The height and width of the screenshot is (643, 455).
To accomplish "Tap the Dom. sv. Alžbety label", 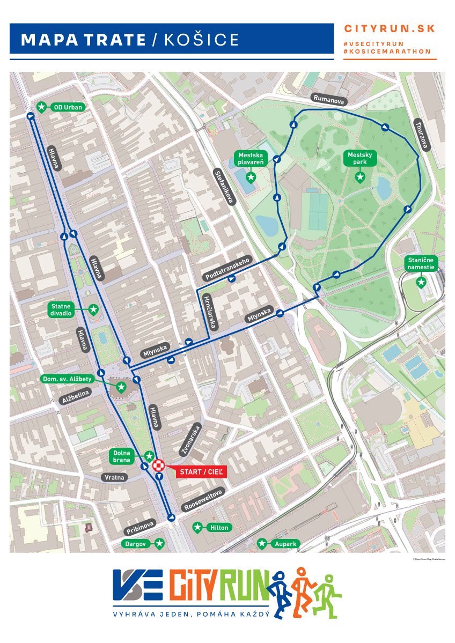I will click(68, 379).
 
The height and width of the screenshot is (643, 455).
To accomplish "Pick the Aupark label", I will click(284, 544).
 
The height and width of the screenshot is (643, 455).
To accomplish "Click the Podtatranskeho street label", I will click(228, 267).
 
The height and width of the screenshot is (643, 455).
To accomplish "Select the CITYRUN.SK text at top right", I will click(390, 29).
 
